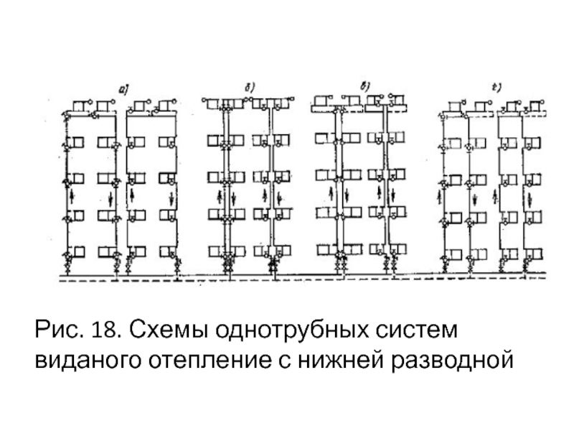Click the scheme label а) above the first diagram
point(123,89)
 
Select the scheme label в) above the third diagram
point(364,88)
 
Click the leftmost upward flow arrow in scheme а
point(70,195)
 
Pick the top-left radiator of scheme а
point(77,106)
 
